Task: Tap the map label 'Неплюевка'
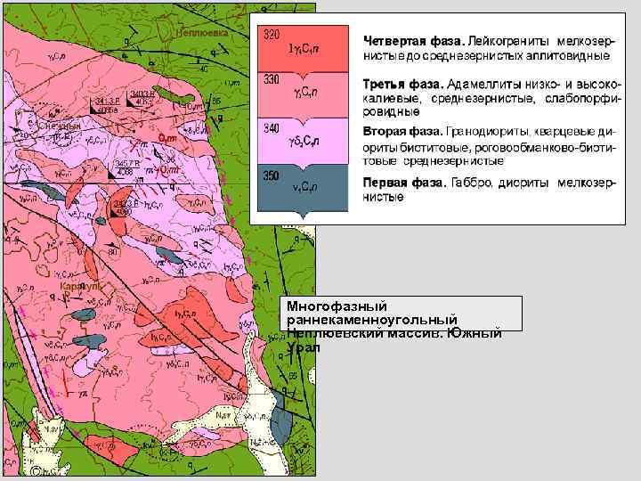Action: tap(203, 32)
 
